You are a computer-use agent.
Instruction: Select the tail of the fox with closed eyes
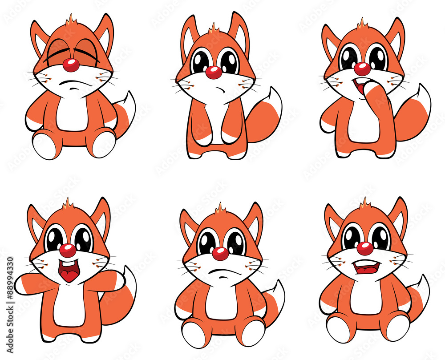point(125,111)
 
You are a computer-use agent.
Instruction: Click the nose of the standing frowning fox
point(214,72)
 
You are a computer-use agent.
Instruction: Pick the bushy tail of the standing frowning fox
point(265,115)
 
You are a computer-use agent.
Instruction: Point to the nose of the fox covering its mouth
point(362,69)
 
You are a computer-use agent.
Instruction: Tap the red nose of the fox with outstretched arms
point(68,250)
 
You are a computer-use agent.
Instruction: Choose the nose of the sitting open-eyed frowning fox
point(220,254)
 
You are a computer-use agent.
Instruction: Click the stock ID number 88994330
point(9,307)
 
